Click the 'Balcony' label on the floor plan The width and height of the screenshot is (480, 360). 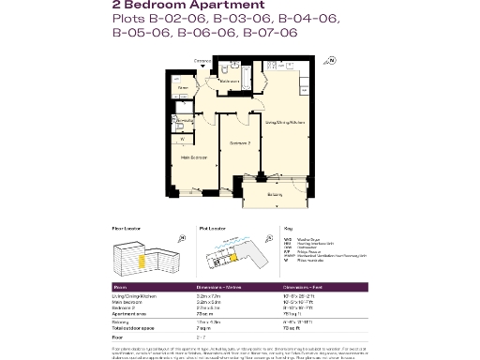pos(274,194)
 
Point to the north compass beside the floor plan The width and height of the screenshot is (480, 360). pos(330,62)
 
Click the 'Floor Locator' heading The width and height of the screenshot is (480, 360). pos(126,228)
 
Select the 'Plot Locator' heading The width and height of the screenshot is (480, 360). pos(212,228)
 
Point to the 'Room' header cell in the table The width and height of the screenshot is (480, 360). pos(120,287)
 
